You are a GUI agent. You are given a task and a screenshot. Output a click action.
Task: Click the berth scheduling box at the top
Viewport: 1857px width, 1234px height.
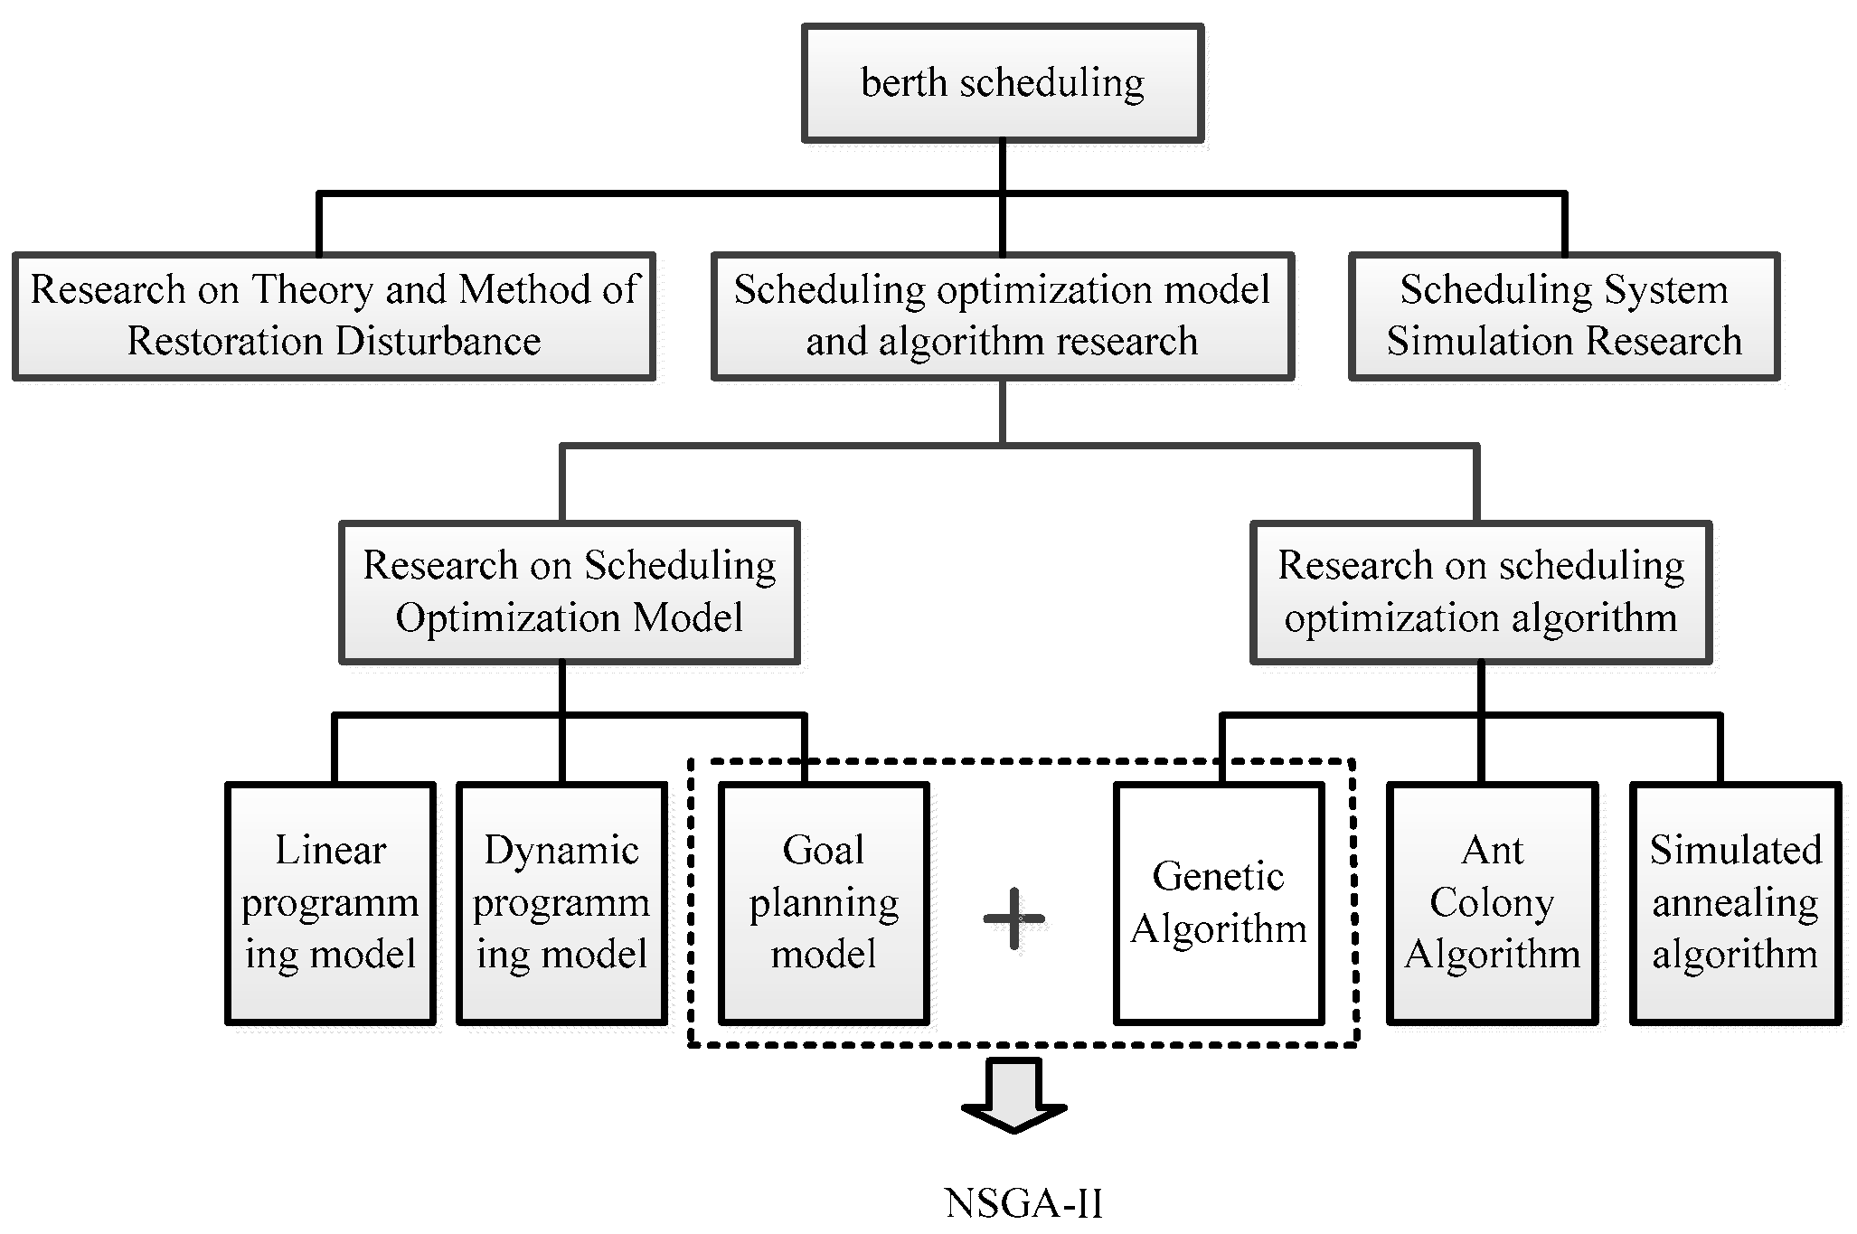(x=1002, y=83)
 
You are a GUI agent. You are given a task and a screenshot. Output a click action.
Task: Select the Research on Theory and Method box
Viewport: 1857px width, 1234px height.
(x=334, y=316)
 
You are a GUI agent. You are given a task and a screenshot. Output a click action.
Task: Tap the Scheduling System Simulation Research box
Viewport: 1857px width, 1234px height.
(x=1563, y=316)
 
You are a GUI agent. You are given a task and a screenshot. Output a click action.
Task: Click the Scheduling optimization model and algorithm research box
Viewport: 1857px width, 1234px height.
(x=1002, y=316)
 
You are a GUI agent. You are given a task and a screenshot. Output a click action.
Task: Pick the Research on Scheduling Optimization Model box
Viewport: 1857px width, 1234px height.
(x=569, y=592)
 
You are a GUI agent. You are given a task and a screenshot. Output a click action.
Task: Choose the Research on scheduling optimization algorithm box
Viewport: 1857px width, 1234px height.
(x=1480, y=592)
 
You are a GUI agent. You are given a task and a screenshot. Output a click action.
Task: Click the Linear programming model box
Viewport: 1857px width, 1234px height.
(x=330, y=902)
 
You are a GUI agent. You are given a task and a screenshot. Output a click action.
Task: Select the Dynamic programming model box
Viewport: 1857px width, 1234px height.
(x=561, y=902)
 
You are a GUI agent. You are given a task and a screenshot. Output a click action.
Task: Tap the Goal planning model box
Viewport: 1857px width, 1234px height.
(x=824, y=902)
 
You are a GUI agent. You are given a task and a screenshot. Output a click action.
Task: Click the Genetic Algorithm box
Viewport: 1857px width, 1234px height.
(x=1219, y=902)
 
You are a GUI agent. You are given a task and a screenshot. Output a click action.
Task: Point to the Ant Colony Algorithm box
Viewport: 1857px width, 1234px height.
(x=1492, y=902)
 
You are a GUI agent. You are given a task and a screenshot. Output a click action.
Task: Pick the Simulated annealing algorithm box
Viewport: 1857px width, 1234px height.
(x=1735, y=902)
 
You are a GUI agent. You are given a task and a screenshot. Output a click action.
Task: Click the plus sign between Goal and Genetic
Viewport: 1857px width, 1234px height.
(x=1013, y=919)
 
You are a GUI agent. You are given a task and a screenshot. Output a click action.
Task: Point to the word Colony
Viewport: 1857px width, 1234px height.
(x=1492, y=902)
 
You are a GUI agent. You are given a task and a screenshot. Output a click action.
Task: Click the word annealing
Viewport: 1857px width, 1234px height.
(x=1735, y=903)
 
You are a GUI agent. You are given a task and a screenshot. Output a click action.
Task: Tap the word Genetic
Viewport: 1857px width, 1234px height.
(x=1219, y=876)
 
